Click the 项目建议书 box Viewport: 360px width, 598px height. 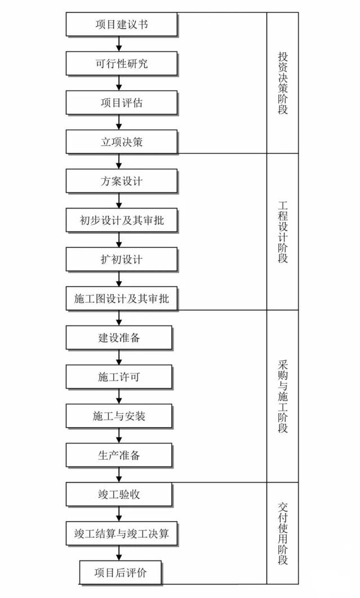(121, 24)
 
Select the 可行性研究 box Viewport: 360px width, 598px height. (121, 64)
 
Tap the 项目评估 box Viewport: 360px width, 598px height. (121, 103)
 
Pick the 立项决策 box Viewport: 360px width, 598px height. (121, 142)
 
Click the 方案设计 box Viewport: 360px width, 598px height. (121, 181)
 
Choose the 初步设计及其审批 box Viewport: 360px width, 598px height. (121, 220)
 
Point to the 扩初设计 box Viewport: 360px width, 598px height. (121, 259)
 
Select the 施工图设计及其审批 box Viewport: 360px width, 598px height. (121, 298)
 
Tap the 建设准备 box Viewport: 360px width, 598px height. (119, 338)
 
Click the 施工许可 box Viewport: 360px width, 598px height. (119, 377)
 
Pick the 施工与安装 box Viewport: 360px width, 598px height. (119, 416)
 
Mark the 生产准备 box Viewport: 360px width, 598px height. (119, 455)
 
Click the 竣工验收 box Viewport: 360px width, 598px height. (119, 494)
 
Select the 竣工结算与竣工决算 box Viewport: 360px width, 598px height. (121, 533)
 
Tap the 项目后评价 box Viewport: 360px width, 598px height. (120, 573)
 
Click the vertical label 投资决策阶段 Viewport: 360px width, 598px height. (282, 83)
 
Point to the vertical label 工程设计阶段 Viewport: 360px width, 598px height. (282, 232)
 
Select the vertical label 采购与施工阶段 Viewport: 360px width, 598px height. (282, 396)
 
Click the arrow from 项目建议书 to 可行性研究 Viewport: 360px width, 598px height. (119, 44)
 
